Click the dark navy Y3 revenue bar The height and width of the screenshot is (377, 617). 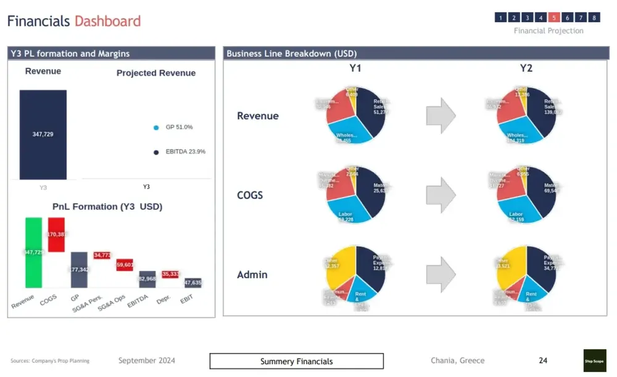click(43, 134)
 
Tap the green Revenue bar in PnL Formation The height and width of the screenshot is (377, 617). click(34, 252)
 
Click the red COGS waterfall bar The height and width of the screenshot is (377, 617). click(56, 234)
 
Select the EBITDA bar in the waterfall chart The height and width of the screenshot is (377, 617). click(147, 279)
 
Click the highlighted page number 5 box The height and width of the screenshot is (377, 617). click(554, 17)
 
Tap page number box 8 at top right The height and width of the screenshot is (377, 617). click(594, 17)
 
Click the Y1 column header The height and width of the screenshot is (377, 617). click(355, 68)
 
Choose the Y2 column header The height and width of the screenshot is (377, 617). click(526, 68)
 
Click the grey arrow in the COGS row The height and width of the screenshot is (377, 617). click(441, 195)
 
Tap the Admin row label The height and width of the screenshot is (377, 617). click(252, 275)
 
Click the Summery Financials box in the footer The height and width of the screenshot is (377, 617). click(296, 361)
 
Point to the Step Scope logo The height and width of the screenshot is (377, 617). click(595, 361)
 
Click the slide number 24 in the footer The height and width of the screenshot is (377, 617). click(543, 360)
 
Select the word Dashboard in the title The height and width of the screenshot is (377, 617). click(107, 22)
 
